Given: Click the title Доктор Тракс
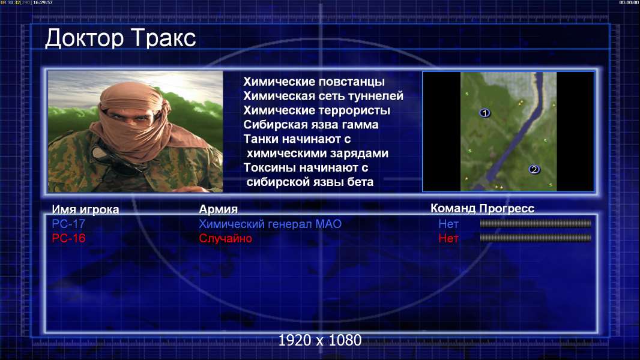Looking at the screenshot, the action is coord(121,39).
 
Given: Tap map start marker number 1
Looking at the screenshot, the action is coord(485,113).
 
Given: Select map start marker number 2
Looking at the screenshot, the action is coord(534,169).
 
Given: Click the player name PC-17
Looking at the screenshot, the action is coord(68,224).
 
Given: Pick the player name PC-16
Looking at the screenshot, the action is coord(68,238).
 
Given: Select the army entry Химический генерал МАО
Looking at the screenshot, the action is coord(270,224).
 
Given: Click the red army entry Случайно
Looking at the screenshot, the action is coord(225,238).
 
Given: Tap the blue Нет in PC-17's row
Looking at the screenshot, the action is coord(448,224).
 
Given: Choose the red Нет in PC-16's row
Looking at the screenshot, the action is coord(448,238).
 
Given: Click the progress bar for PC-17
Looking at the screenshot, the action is coord(536,223).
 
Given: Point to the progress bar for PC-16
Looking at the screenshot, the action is coord(536,238).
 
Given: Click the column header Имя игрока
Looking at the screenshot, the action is coord(85,209).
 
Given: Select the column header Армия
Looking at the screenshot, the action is coord(219,209).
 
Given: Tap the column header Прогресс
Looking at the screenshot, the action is coord(507,208).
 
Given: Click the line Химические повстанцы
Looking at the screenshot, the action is coord(314,82).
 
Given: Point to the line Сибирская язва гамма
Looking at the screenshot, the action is coord(311,124).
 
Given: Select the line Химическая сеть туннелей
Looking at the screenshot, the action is coord(323,96).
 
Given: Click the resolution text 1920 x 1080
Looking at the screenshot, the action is coord(320,340).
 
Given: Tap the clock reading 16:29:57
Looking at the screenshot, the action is coord(43,2).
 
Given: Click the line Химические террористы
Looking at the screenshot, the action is coord(317,110).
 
